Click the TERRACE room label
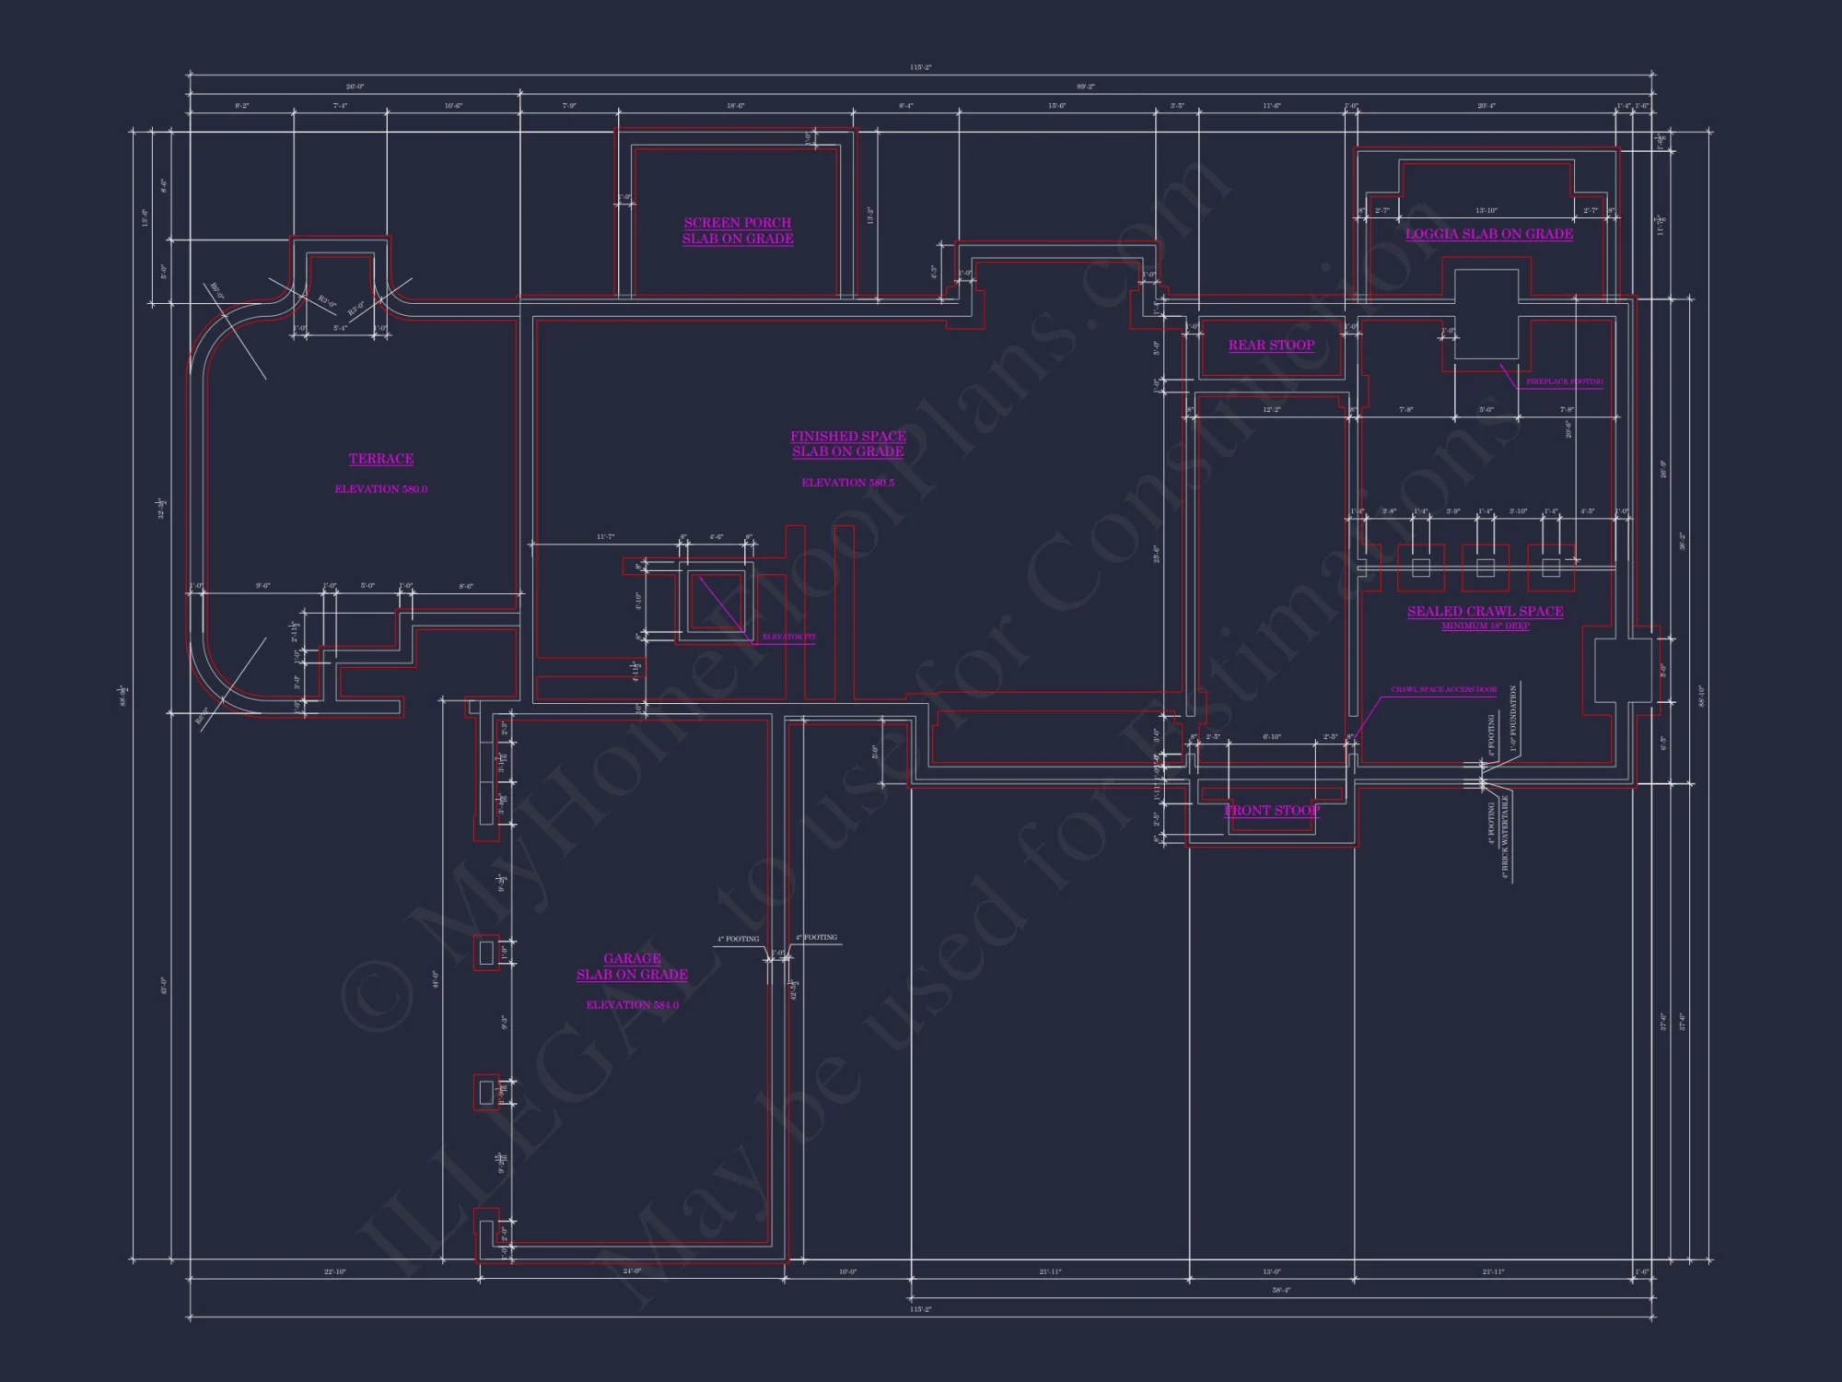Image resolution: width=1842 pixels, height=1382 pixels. coord(380,459)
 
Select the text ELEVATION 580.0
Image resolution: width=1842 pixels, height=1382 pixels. coord(380,489)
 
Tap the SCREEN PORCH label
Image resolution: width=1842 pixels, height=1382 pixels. coord(737,223)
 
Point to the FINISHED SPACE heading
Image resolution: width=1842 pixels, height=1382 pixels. coord(847,436)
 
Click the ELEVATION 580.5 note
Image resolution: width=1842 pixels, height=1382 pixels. coord(847,483)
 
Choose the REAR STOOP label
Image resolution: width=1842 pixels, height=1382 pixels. coord(1271,345)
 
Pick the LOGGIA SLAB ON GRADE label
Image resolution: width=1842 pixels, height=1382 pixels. coord(1488,234)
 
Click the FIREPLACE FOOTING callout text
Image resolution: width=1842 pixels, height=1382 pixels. coord(1564,381)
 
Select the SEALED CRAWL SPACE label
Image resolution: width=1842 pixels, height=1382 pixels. coord(1485,612)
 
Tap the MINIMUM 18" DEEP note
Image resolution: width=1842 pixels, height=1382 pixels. coord(1485,627)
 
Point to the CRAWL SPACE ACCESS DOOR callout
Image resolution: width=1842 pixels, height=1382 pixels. coord(1443,689)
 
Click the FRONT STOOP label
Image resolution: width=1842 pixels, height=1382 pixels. coord(1271,811)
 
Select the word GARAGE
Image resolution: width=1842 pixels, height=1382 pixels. coord(632,958)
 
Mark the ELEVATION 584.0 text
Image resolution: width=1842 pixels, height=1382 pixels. coord(632,1005)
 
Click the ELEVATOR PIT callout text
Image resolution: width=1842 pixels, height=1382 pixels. coord(788,637)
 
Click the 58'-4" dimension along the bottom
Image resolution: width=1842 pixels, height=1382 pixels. coord(1281,1291)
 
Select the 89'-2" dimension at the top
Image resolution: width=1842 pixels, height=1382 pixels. coord(1085,87)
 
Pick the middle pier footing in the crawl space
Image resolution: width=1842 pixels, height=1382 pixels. coord(1485,568)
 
